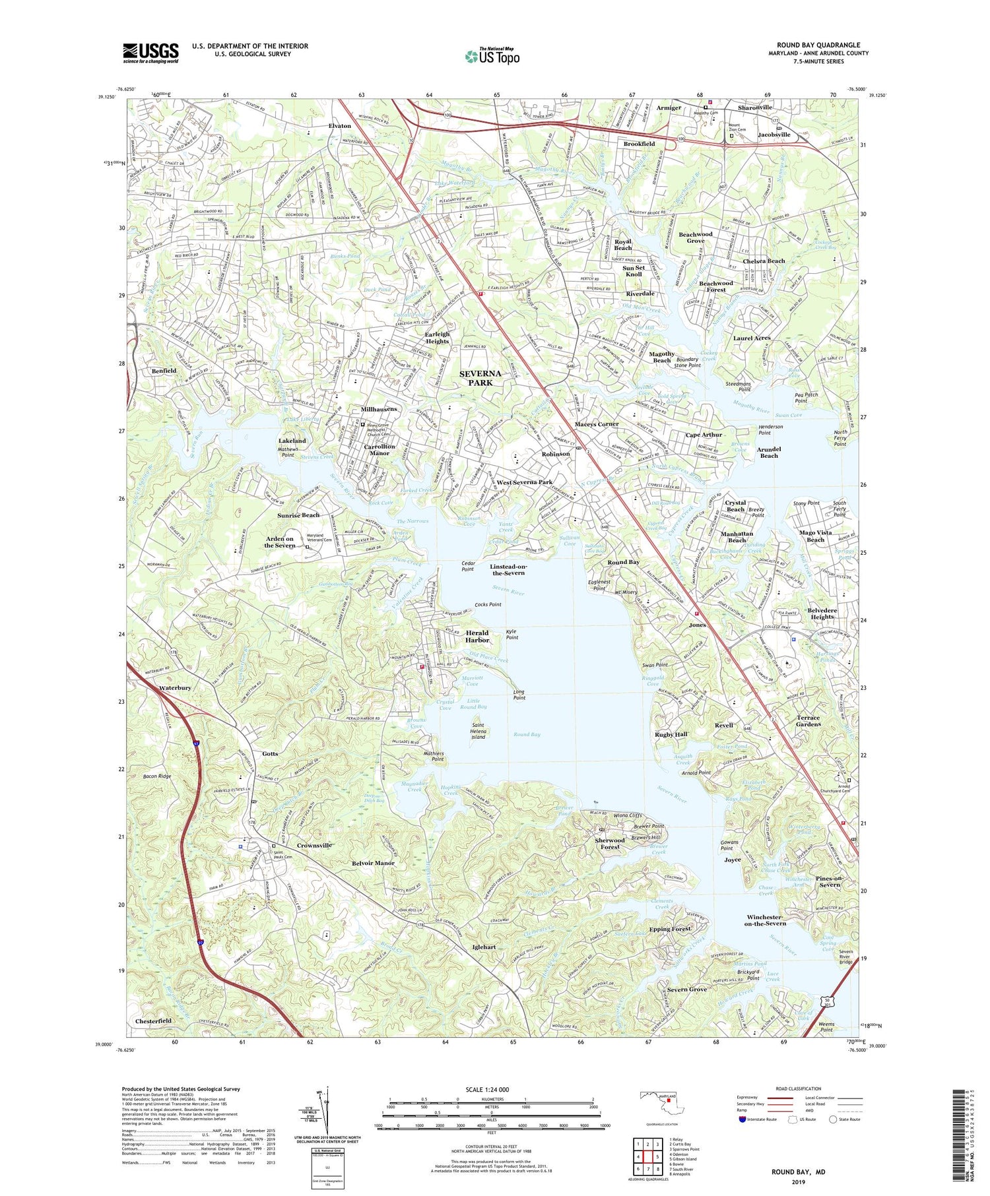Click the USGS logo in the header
(x=150, y=53)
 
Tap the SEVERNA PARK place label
(x=480, y=377)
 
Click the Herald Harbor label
(x=477, y=636)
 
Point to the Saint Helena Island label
(x=478, y=731)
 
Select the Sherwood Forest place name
(x=609, y=843)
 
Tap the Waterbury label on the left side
(x=175, y=687)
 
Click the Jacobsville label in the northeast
(x=774, y=135)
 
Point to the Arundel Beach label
(x=769, y=452)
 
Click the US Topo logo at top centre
(x=492, y=56)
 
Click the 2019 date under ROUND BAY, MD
(x=797, y=1181)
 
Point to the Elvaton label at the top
(x=340, y=126)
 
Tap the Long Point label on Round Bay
(x=519, y=694)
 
